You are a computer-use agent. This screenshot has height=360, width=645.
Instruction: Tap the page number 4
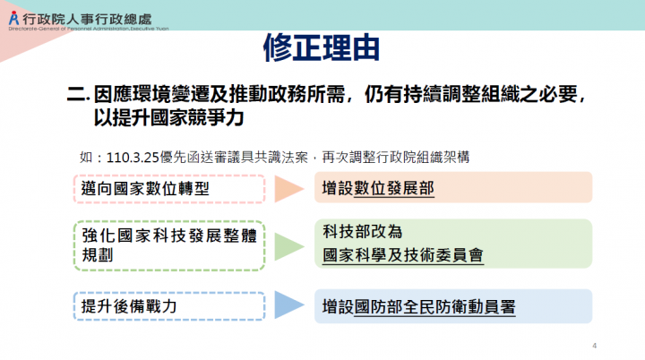coord(595,345)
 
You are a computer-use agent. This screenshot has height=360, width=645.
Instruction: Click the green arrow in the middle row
coord(289,244)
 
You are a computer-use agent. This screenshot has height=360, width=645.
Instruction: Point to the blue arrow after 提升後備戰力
coord(289,305)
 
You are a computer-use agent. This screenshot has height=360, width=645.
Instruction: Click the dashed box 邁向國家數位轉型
coord(168,188)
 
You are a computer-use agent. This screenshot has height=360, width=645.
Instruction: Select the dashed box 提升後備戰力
coord(168,305)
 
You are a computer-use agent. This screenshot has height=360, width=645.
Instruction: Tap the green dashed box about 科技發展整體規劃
coord(168,244)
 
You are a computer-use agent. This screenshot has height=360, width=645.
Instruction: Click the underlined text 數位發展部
coord(394,189)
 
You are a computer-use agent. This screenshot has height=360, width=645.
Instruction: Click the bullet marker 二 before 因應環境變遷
coord(76,94)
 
